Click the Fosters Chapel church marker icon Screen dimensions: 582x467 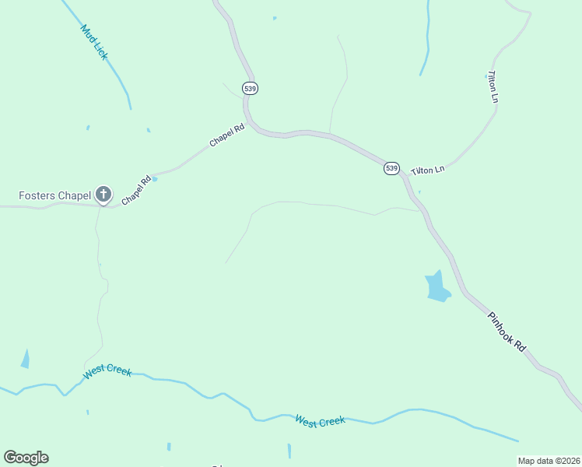pyautogui.click(x=103, y=195)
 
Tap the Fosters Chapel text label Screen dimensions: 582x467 pyautogui.click(x=54, y=195)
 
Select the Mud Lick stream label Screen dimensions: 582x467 pyautogui.click(x=93, y=42)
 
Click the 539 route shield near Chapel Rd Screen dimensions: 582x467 pyautogui.click(x=250, y=89)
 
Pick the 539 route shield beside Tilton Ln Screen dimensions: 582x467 pyautogui.click(x=391, y=168)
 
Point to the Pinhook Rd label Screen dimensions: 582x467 pyautogui.click(x=507, y=331)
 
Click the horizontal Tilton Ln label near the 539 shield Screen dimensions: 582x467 pyautogui.click(x=427, y=169)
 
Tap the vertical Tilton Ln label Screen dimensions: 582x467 pyautogui.click(x=493, y=87)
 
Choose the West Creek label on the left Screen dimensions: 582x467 pyautogui.click(x=107, y=372)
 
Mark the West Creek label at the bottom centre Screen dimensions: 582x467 pyautogui.click(x=320, y=420)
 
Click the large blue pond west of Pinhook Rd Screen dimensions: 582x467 pyautogui.click(x=436, y=287)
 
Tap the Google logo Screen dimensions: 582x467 pyautogui.click(x=26, y=458)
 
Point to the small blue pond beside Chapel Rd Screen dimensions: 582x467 pyautogui.click(x=154, y=179)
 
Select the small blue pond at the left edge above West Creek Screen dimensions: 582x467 pyautogui.click(x=25, y=359)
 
